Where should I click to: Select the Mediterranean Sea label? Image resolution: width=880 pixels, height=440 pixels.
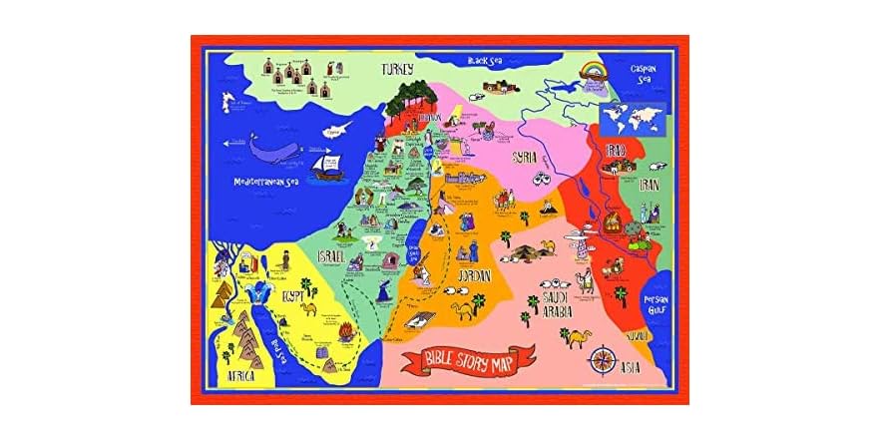point(266,183)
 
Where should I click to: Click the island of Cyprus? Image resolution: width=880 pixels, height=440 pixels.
point(341,130)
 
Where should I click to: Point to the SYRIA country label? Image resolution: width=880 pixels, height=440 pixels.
point(526,158)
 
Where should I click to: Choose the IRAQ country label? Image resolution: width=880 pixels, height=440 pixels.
point(617,151)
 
